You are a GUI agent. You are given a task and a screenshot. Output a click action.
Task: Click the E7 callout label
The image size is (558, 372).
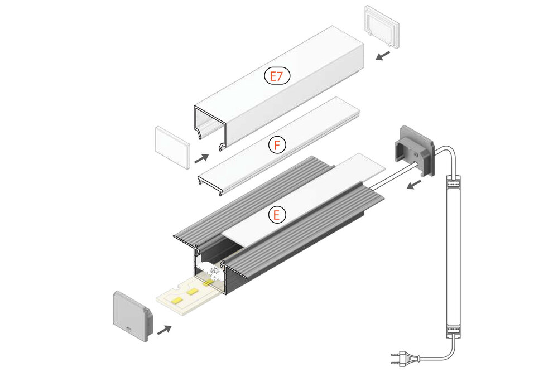click(277, 76)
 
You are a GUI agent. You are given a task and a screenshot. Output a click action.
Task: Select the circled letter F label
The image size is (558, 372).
click(277, 146)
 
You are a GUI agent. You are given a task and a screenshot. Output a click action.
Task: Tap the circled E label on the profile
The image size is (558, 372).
click(277, 215)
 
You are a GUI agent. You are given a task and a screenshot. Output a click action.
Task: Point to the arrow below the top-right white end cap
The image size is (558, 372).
click(383, 55)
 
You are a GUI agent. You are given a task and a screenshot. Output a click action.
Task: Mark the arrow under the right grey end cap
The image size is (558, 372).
click(413, 185)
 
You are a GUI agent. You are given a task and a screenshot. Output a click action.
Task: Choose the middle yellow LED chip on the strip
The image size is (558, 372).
click(193, 291)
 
